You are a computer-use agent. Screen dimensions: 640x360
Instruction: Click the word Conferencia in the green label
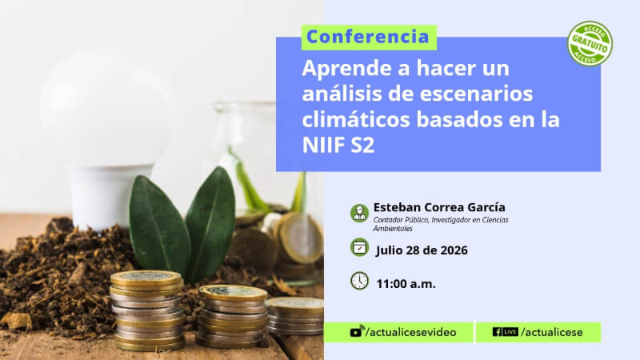coord(368,37)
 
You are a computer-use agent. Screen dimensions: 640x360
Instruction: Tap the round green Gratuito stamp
coord(590,44)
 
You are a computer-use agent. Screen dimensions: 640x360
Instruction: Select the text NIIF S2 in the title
coord(338,145)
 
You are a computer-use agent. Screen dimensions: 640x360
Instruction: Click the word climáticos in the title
coord(357,119)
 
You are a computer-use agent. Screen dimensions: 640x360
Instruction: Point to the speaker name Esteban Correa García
coord(439,207)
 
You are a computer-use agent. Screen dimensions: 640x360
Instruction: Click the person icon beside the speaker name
coord(359,213)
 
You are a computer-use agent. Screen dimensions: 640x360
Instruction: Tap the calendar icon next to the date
coord(359,247)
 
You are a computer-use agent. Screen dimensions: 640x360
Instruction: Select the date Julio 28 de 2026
coord(422,250)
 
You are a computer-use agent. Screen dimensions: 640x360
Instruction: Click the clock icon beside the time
coord(359,281)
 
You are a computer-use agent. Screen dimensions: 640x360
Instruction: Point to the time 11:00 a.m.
coord(406,284)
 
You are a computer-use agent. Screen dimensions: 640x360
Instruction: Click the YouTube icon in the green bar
coord(356,331)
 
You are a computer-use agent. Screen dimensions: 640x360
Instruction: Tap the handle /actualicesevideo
coord(411,332)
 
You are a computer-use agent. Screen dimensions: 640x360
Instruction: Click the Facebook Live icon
coord(506,332)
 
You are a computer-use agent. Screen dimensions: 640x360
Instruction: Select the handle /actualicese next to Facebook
coord(552,332)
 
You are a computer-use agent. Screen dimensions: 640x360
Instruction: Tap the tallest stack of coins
coord(147,310)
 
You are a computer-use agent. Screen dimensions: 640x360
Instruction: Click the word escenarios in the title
coord(476,94)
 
